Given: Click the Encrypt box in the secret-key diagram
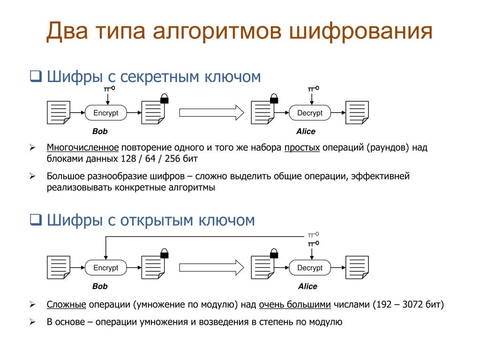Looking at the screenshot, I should click(x=106, y=113).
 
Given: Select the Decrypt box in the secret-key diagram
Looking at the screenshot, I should click(x=310, y=113).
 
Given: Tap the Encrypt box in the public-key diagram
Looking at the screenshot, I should click(x=106, y=268).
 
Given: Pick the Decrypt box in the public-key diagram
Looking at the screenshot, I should click(x=310, y=268).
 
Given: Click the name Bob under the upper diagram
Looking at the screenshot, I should click(x=100, y=132).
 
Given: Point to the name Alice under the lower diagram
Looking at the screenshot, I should click(x=307, y=286).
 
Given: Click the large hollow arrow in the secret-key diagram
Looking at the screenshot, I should click(x=211, y=113).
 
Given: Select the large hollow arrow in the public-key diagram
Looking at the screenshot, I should click(x=211, y=268).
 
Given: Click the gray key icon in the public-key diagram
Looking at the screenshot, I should click(x=313, y=233).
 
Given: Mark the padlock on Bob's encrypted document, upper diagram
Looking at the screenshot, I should click(x=164, y=99).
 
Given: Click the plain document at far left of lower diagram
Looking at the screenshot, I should click(x=58, y=268).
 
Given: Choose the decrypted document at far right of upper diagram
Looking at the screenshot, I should click(x=357, y=113).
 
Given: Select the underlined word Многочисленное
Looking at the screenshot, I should click(x=82, y=148).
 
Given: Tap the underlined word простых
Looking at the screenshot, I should click(x=302, y=148).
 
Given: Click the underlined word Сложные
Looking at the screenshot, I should click(x=66, y=305).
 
